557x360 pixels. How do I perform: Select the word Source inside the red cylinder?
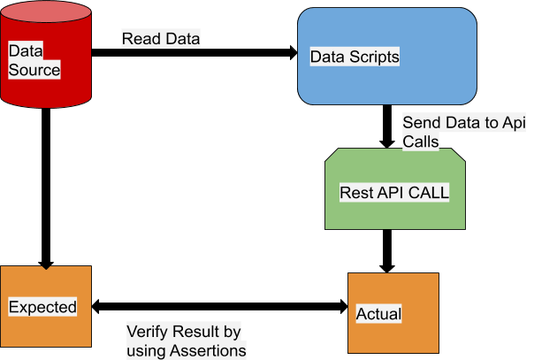(x=34, y=70)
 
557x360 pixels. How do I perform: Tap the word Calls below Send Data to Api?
(x=421, y=141)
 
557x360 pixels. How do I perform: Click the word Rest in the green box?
(x=355, y=193)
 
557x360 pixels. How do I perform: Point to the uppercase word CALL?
(x=429, y=193)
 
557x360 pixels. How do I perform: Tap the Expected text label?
(x=42, y=307)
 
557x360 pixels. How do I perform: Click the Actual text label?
(x=378, y=314)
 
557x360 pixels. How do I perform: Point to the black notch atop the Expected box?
(x=46, y=267)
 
